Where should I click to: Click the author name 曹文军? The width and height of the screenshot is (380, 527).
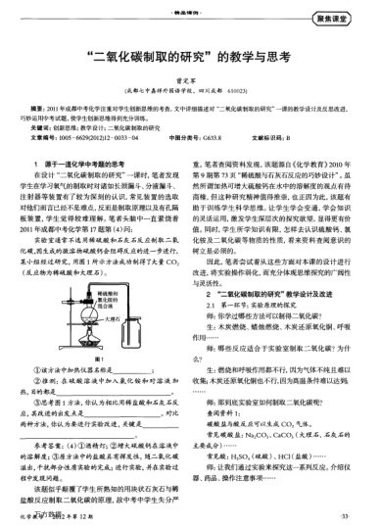point(189,82)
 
